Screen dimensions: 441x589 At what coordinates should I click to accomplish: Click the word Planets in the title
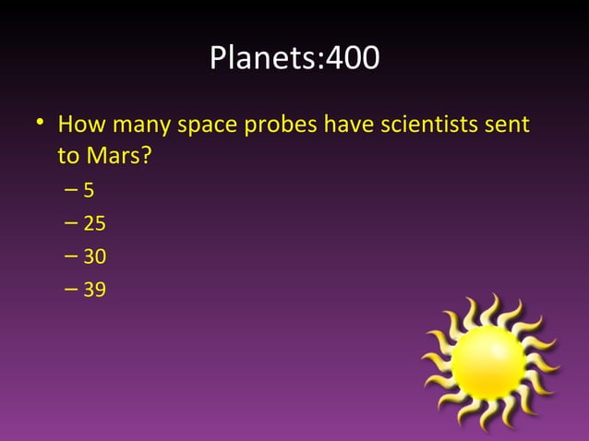click(x=261, y=58)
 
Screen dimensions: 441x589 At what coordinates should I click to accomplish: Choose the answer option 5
click(x=89, y=191)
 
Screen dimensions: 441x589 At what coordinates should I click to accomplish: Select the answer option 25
click(x=94, y=224)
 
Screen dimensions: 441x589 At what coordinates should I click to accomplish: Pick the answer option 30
click(x=94, y=257)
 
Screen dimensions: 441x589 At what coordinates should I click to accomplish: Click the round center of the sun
click(x=488, y=363)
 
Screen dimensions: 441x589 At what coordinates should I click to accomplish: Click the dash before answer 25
click(x=72, y=224)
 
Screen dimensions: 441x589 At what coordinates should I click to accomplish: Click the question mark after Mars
click(x=145, y=156)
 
